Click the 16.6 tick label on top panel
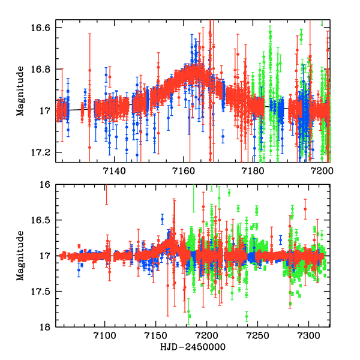coord(41,28)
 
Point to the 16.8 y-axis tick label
coord(41,70)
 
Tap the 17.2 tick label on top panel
coord(41,152)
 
